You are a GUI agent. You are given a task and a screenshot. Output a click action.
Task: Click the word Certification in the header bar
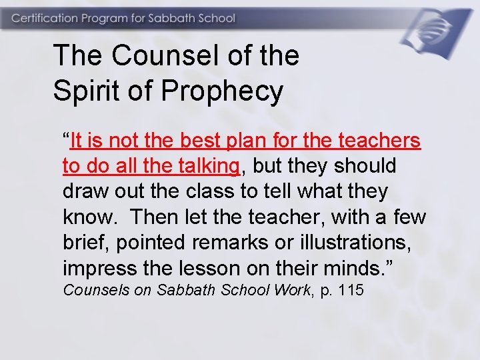pyautogui.click(x=43, y=18)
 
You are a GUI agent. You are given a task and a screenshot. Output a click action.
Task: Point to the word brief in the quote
pyautogui.click(x=85, y=242)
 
